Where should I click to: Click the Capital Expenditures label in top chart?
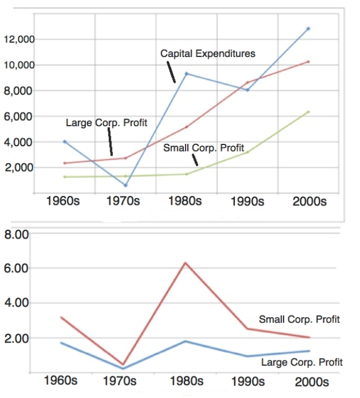pyautogui.click(x=208, y=54)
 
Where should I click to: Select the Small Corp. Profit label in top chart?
pyautogui.click(x=203, y=148)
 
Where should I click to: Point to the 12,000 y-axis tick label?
pyautogui.click(x=19, y=40)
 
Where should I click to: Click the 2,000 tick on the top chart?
pyautogui.click(x=19, y=168)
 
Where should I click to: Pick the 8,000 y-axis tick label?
pyautogui.click(x=19, y=91)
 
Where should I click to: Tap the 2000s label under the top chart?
pyautogui.click(x=308, y=201)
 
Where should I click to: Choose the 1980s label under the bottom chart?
pyautogui.click(x=186, y=381)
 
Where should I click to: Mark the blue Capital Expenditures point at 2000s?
pyautogui.click(x=308, y=28)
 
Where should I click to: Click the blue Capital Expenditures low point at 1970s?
pyautogui.click(x=126, y=185)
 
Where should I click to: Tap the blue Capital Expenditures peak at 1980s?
pyautogui.click(x=187, y=74)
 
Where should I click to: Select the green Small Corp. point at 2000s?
pyautogui.click(x=308, y=112)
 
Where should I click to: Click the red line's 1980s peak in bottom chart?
pyautogui.click(x=186, y=263)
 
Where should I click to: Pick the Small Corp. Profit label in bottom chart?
pyautogui.click(x=299, y=319)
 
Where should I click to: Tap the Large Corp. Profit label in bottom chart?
pyautogui.click(x=302, y=362)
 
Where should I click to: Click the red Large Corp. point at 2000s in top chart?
pyautogui.click(x=308, y=61)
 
